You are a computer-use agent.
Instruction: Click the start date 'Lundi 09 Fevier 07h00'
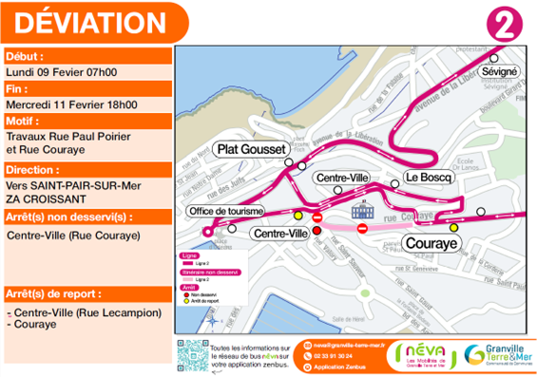[x=62, y=71]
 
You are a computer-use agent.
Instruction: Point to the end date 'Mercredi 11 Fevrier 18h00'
[x=71, y=104]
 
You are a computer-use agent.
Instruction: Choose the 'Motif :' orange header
[x=24, y=121]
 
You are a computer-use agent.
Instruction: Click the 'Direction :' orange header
[x=33, y=168]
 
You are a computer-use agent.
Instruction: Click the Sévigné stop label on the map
[x=500, y=71]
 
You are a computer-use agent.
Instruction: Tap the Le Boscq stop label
[x=424, y=177]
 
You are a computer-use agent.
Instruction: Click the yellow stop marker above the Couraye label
[x=453, y=227]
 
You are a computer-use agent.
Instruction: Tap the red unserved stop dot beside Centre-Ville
[x=317, y=230]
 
